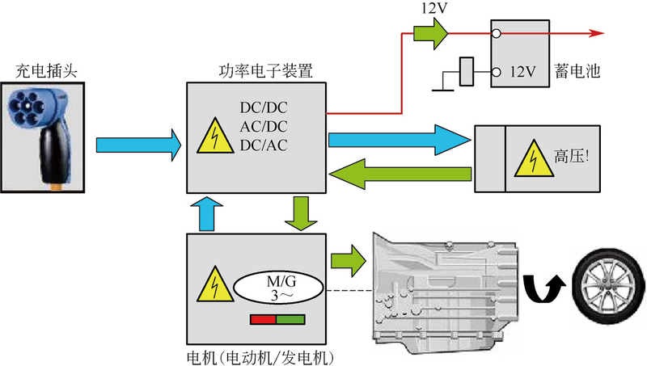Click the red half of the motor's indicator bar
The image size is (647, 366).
pyautogui.click(x=263, y=320)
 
